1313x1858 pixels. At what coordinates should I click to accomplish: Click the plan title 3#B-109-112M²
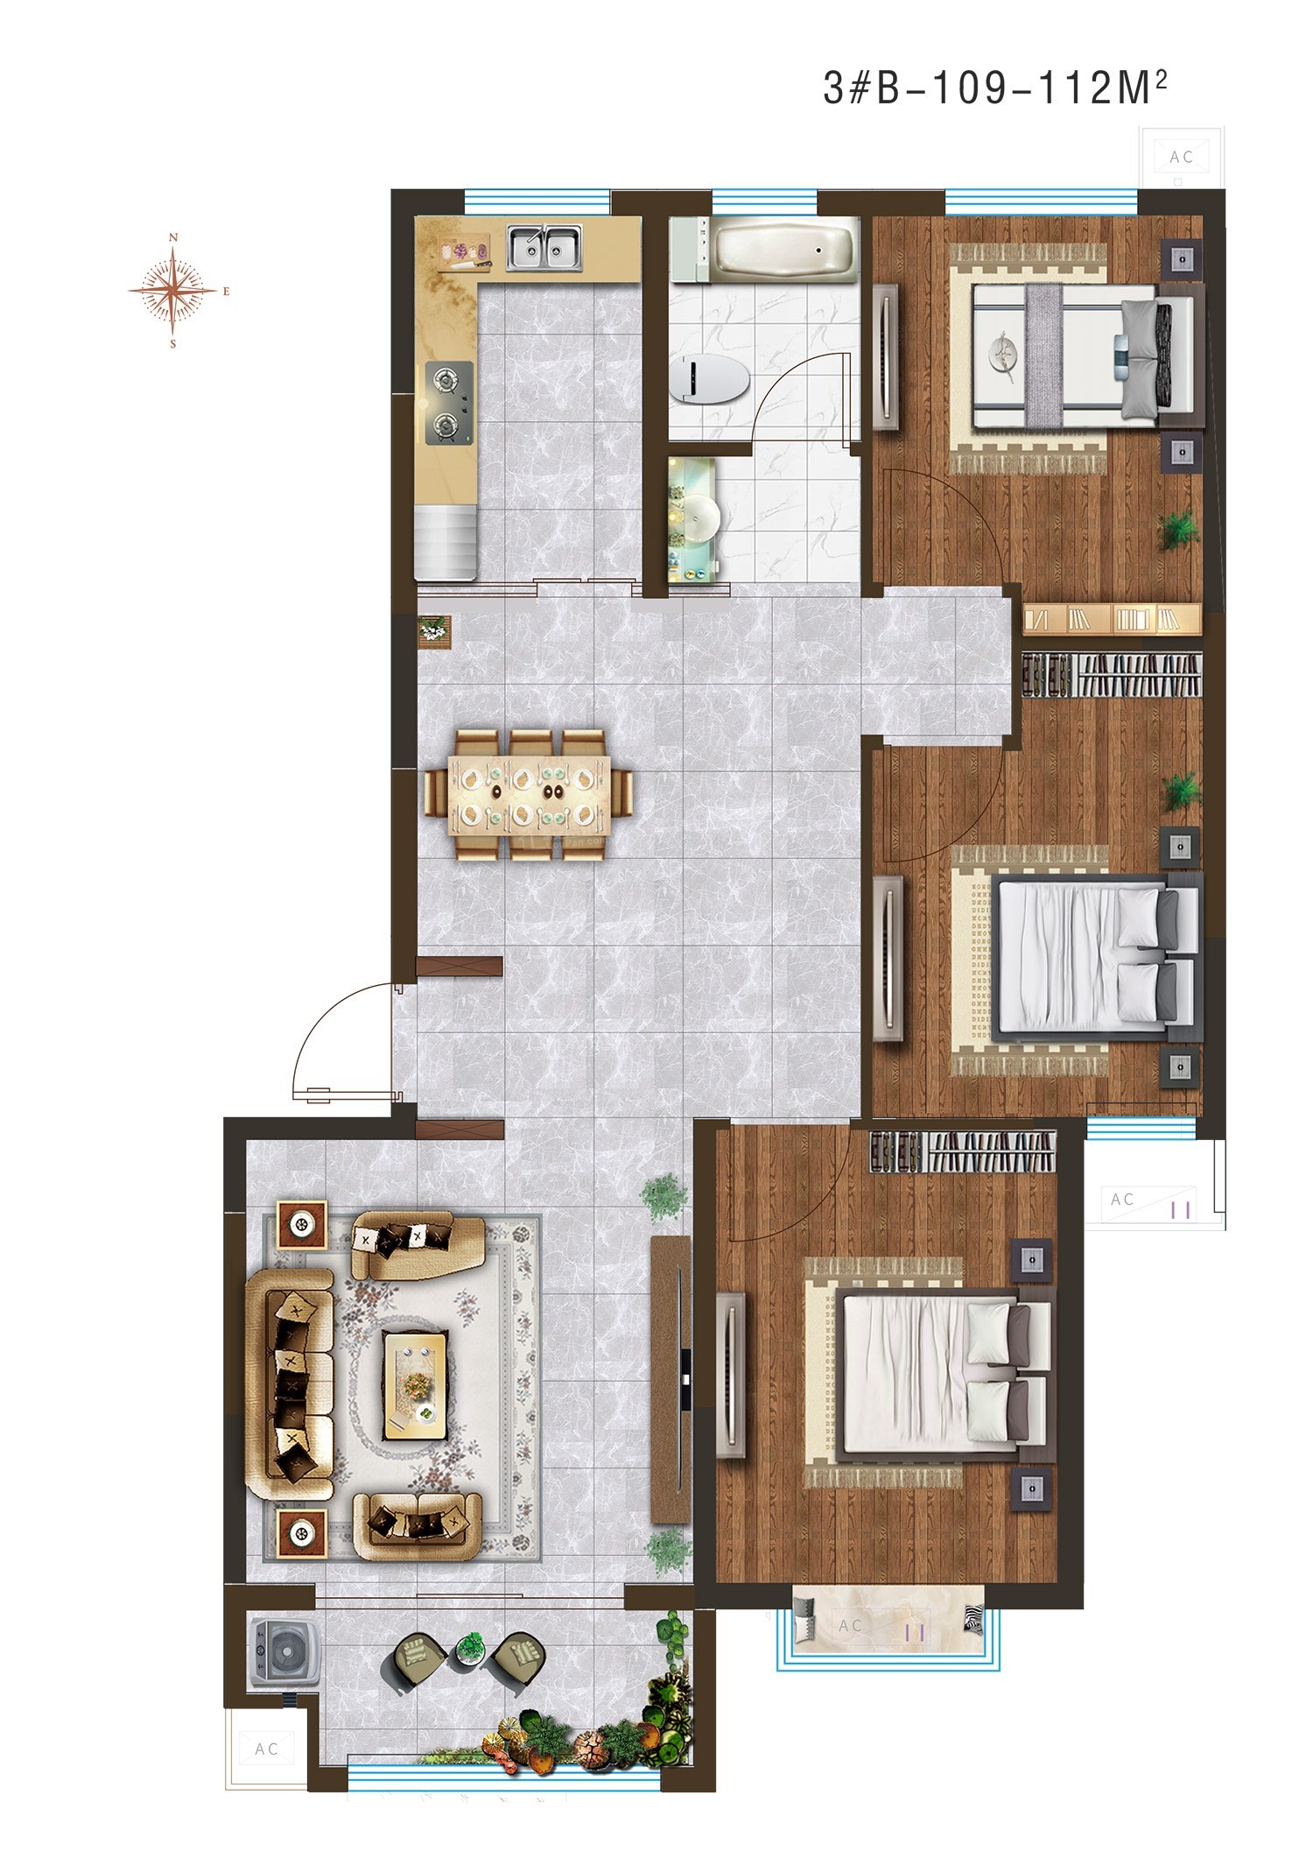click(995, 88)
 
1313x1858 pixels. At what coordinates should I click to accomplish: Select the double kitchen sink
click(545, 248)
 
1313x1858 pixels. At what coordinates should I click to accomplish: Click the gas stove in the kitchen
click(449, 404)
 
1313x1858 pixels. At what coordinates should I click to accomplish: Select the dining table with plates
click(529, 795)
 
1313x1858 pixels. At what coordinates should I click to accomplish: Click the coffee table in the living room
click(416, 1385)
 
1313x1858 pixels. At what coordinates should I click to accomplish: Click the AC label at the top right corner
click(1182, 157)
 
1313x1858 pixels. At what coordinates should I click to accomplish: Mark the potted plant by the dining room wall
click(433, 630)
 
